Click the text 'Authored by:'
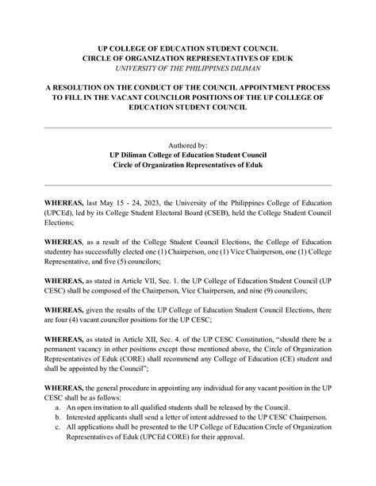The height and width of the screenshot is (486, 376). [188, 146]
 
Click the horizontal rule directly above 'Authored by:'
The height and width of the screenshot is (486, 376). [188, 127]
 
